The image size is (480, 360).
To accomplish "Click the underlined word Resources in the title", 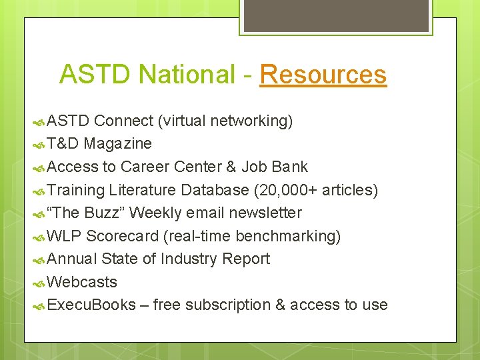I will click(323, 74).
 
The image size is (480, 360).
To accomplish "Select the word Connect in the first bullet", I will click(123, 121).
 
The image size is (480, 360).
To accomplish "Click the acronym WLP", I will click(65, 236).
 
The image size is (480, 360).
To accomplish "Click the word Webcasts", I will click(83, 282).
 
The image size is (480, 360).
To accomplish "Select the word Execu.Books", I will click(91, 305).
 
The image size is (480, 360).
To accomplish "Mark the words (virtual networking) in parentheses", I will click(225, 121).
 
